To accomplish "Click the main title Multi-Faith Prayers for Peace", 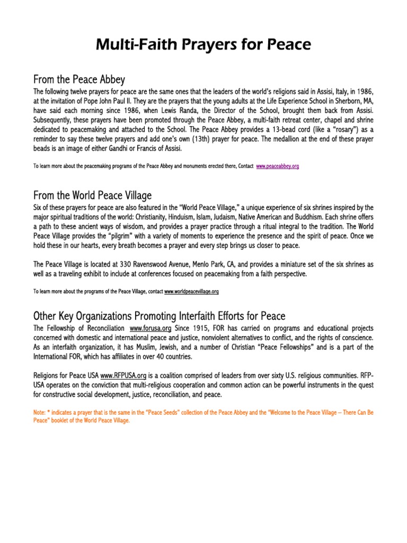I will pos(203,46).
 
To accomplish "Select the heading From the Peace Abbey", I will pos(79,80).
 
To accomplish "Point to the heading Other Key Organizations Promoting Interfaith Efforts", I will pos(159,317).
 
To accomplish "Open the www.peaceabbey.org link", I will pos(278,166).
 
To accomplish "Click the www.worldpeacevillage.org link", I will pos(192,291).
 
